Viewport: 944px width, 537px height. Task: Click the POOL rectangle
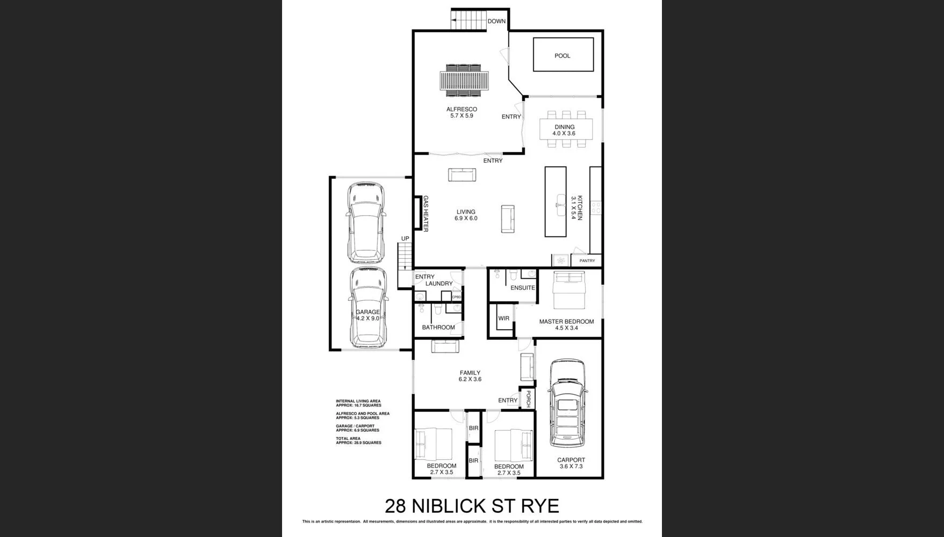563,55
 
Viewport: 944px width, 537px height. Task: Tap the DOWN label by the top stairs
496,21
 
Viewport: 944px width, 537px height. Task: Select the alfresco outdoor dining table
463,81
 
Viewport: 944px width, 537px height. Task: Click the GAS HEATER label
426,214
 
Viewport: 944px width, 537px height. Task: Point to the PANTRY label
587,261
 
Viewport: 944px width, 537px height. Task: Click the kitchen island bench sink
561,205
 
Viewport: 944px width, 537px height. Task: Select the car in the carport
567,403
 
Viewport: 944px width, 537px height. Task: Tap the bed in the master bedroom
569,291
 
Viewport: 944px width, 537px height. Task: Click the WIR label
503,318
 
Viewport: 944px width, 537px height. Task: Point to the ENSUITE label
522,288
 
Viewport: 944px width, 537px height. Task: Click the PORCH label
528,398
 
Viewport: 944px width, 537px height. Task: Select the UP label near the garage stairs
405,238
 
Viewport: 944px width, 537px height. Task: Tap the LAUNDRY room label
439,284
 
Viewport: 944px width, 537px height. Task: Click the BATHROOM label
438,328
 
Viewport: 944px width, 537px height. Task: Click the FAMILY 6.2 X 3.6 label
470,376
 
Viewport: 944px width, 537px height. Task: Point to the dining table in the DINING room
566,129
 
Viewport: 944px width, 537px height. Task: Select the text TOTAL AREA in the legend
348,439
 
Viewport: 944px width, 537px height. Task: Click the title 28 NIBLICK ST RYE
472,506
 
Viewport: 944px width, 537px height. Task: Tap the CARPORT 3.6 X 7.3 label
571,463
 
